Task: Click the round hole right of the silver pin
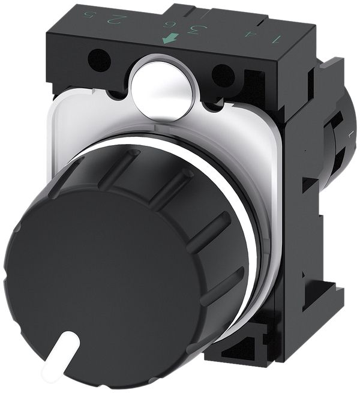pos(223,76)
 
